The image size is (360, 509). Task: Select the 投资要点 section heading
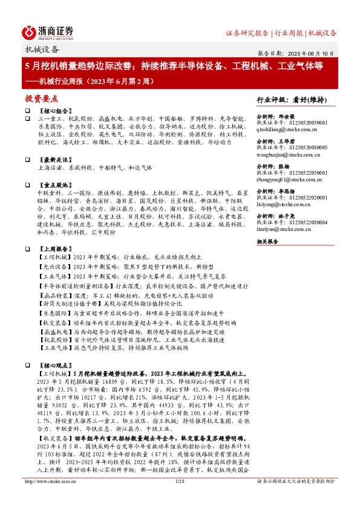[x=42, y=98]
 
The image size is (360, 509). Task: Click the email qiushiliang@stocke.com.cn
[x=288, y=129]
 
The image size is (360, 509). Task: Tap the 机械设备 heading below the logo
[x=42, y=50]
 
